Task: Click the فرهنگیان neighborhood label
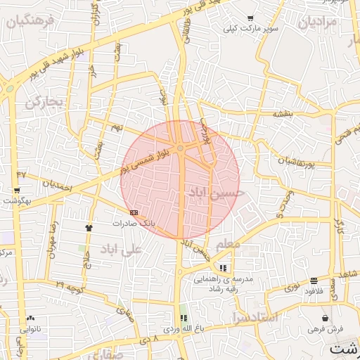(30, 21)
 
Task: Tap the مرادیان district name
(318, 22)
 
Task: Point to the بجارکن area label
(44, 102)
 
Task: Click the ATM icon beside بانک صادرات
(134, 212)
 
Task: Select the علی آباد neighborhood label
(121, 249)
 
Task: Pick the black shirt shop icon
(89, 228)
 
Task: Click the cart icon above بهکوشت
(16, 191)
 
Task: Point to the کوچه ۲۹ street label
(70, 288)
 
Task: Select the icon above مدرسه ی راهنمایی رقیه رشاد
(223, 268)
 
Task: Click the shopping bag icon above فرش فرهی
(325, 318)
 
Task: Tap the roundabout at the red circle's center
(181, 148)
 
